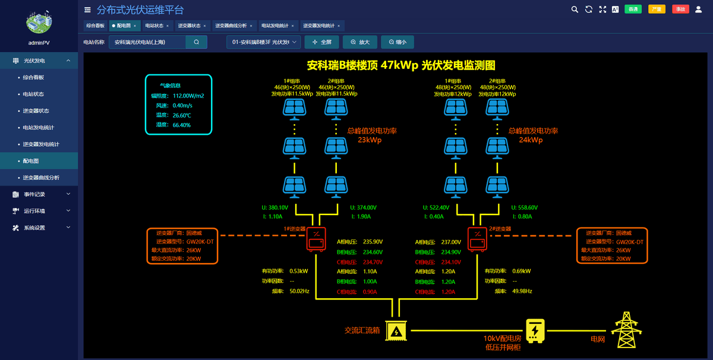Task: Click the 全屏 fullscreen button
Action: tap(321, 42)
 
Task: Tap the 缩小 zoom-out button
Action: tap(397, 42)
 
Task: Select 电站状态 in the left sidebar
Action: tap(33, 94)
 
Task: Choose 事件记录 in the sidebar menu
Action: tap(34, 194)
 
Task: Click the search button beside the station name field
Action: tap(196, 42)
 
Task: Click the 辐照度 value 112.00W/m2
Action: tap(188, 96)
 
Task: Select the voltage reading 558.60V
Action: tap(525, 208)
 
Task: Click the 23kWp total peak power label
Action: tap(369, 140)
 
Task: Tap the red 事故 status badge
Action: tap(680, 9)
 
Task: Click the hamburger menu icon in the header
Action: tap(87, 10)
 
